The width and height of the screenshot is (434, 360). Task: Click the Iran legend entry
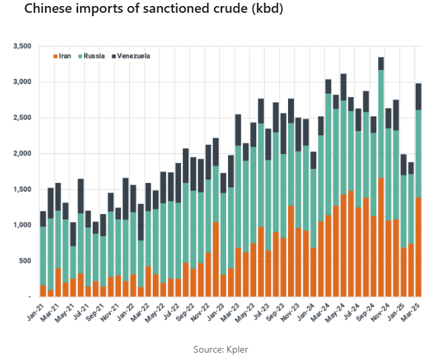click(x=64, y=56)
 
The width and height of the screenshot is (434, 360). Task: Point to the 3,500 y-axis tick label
click(x=22, y=46)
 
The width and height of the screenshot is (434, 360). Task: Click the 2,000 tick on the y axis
click(x=22, y=153)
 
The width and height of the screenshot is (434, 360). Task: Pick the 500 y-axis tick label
click(x=26, y=260)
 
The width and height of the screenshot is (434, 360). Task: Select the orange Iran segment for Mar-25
click(x=418, y=246)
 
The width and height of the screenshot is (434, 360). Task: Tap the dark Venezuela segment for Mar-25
click(x=418, y=96)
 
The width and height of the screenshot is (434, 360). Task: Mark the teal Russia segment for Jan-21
click(x=43, y=256)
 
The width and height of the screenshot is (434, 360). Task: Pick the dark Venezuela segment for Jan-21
click(x=43, y=219)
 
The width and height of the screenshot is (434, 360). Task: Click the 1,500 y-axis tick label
click(x=22, y=189)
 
